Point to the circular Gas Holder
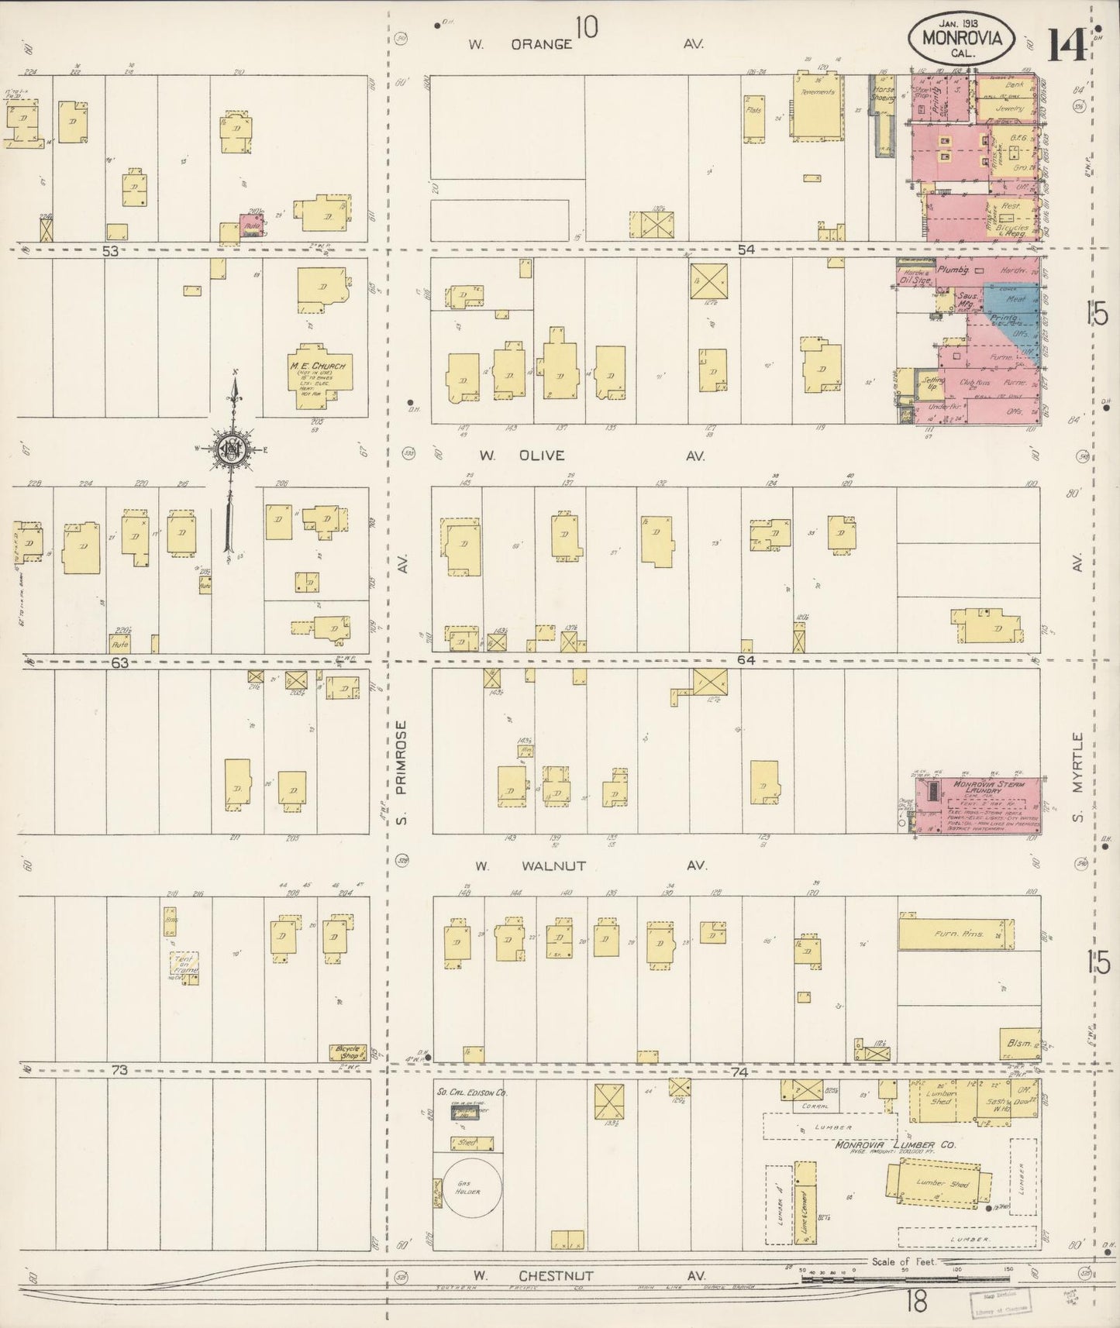468,1186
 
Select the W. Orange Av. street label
587,45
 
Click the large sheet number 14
1067,46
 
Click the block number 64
746,660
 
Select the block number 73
119,1070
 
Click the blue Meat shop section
1013,301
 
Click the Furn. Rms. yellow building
956,934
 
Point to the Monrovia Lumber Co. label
895,1144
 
